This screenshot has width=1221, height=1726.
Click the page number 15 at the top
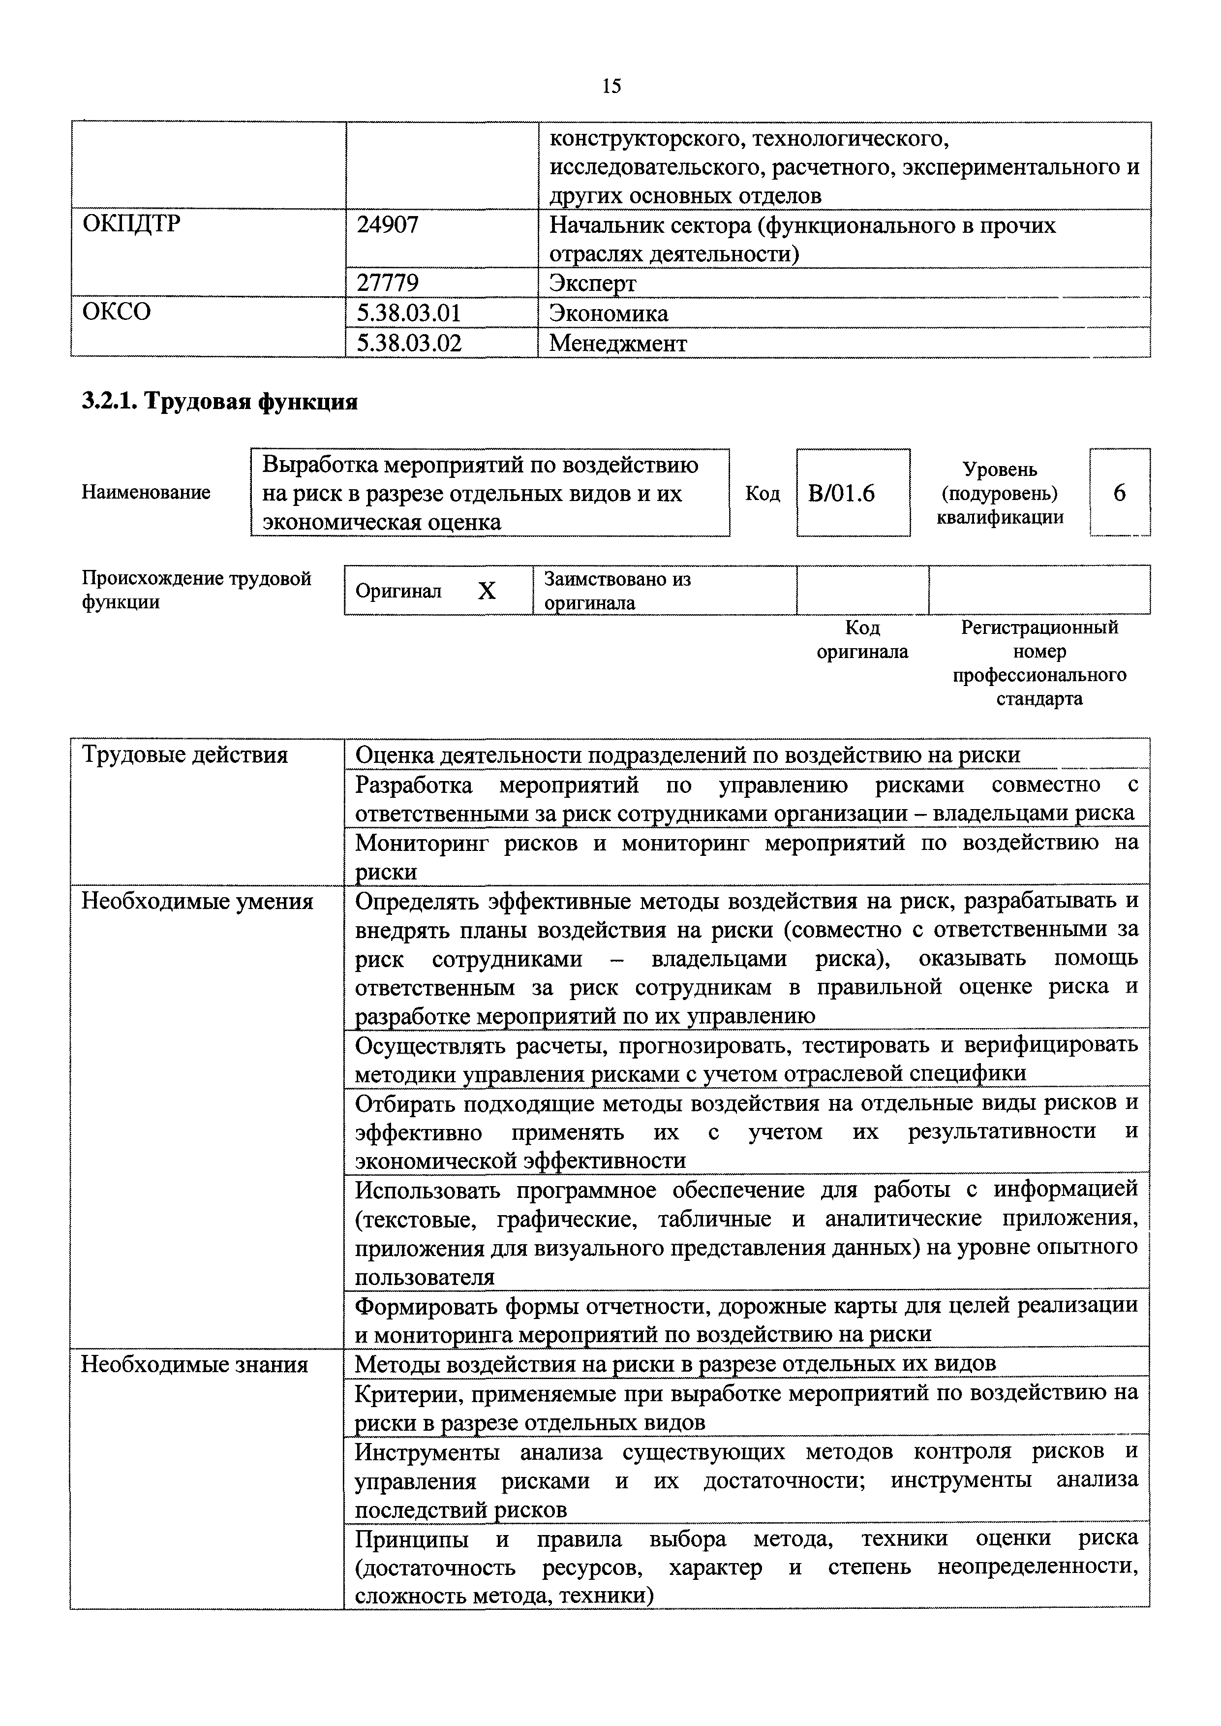point(611,87)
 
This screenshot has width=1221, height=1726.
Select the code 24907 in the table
point(387,225)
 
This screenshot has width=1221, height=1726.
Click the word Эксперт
point(592,283)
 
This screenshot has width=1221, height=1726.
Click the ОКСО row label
point(117,312)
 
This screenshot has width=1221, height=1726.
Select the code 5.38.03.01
point(408,313)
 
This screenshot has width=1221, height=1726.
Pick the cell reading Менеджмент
point(617,344)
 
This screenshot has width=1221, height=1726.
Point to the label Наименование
point(146,493)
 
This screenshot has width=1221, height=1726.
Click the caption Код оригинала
point(862,639)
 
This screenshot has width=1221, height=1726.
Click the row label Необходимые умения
point(197,901)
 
